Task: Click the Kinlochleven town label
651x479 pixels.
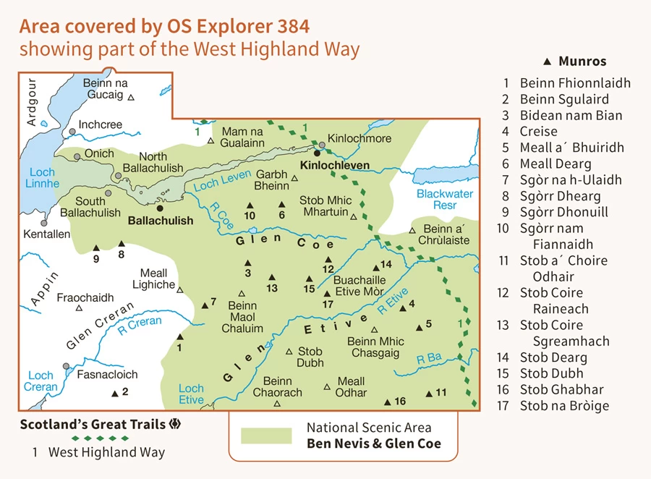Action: [335, 166]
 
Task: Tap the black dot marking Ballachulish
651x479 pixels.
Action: [160, 208]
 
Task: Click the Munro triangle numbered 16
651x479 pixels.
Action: [388, 402]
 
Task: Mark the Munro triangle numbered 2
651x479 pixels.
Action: [114, 393]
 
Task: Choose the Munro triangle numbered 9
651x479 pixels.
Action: [95, 247]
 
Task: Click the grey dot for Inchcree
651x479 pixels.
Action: [72, 132]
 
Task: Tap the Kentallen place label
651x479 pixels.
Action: [47, 234]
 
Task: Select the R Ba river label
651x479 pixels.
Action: [430, 358]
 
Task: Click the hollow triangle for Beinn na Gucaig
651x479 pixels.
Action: [131, 97]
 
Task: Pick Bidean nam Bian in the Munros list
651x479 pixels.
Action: [571, 115]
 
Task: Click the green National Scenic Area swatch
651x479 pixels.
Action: [266, 436]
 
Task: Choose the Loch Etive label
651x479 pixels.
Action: [191, 394]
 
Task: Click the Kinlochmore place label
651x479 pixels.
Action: [359, 138]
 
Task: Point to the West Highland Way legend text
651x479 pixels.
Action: [106, 453]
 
